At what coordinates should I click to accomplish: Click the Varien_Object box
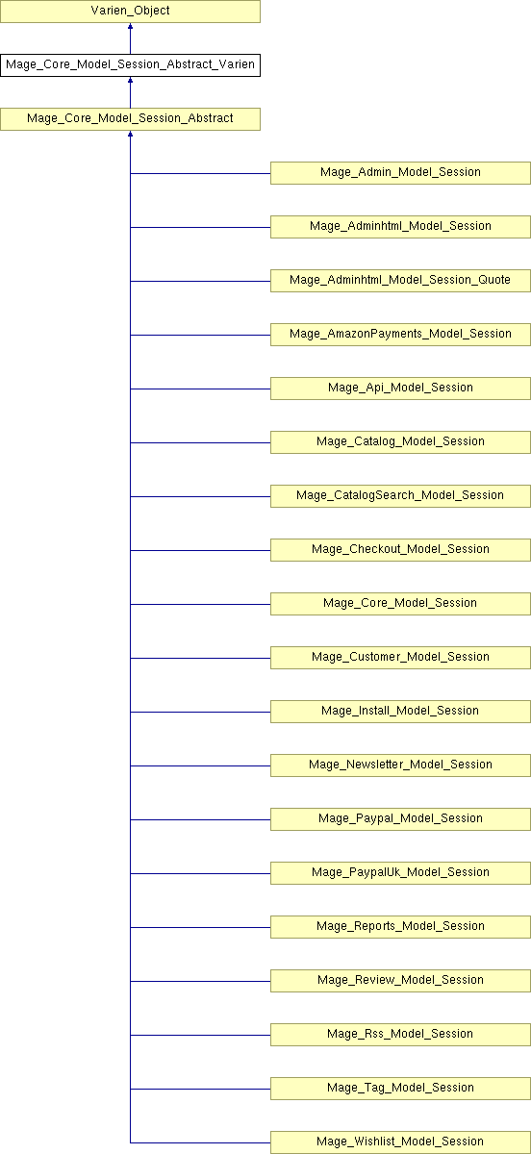(130, 12)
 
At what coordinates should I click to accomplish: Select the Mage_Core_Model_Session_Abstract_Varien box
(130, 65)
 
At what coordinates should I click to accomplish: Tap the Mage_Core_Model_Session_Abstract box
(130, 119)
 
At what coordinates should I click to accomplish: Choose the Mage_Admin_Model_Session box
(400, 173)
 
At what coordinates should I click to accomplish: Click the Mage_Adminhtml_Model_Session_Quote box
(400, 281)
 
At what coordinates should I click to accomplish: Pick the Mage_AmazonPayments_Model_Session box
(400, 335)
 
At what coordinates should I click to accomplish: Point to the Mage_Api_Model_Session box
(400, 389)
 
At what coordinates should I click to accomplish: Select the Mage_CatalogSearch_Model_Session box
(400, 496)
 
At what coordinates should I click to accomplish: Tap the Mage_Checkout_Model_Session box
(400, 550)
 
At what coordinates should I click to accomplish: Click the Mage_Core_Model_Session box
(400, 604)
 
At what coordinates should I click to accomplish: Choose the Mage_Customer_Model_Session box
(400, 658)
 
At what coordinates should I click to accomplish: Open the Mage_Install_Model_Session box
(400, 712)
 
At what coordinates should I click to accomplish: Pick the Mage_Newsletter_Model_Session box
(400, 765)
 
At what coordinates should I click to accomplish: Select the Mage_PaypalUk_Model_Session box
(400, 873)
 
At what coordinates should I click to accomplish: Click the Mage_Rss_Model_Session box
(400, 1035)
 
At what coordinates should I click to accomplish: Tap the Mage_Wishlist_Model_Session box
(400, 1142)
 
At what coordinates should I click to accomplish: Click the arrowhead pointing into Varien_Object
(131, 26)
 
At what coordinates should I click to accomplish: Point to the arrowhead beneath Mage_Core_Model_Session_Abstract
(131, 134)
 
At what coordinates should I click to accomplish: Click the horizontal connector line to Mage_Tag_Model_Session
(200, 1089)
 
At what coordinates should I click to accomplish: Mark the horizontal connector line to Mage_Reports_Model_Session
(200, 927)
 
